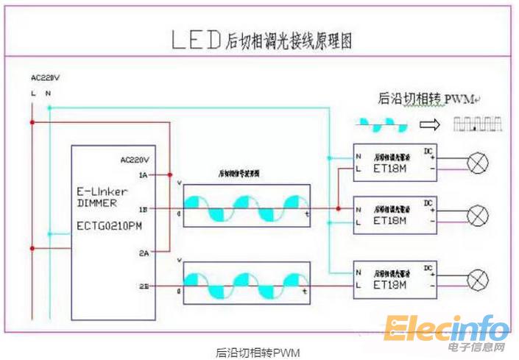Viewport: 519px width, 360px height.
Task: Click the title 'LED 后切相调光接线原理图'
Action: tap(261, 40)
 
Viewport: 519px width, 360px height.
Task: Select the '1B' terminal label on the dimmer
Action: tap(142, 209)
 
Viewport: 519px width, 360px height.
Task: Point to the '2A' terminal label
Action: tap(142, 253)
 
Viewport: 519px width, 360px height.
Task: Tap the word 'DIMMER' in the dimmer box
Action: tap(96, 202)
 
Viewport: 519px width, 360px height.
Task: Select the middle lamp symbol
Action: tap(479, 216)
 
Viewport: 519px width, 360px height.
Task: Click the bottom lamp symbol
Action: tap(479, 280)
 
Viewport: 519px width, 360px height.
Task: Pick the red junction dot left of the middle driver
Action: tap(338, 209)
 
